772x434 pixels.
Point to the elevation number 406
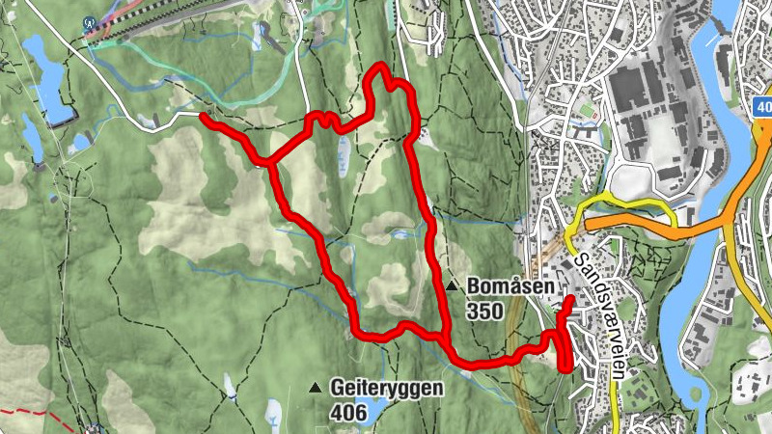[x=347, y=414]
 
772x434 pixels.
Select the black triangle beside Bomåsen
[x=452, y=286]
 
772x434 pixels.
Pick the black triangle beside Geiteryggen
[x=315, y=388]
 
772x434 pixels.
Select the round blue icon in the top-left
[x=90, y=22]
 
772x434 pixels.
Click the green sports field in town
[x=586, y=121]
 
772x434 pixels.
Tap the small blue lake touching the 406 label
[x=372, y=415]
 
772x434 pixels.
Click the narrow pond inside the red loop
[x=343, y=150]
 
